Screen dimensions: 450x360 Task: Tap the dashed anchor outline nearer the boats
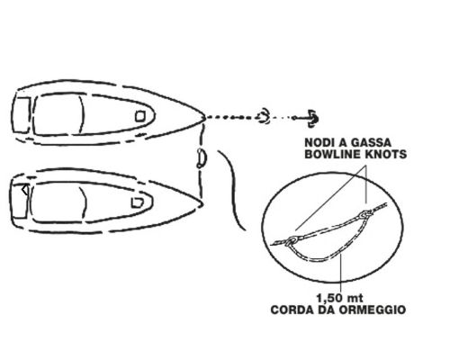pyautogui.click(x=264, y=117)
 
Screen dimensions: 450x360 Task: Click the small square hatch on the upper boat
pyautogui.click(x=140, y=116)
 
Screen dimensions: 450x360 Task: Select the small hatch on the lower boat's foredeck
pyautogui.click(x=138, y=202)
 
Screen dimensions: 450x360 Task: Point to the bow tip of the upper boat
pyautogui.click(x=205, y=117)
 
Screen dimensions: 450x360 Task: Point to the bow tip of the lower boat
pyautogui.click(x=202, y=204)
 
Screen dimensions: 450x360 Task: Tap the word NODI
pyautogui.click(x=319, y=142)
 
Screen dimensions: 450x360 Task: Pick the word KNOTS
pyautogui.click(x=386, y=154)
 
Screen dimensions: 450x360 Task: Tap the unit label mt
pyautogui.click(x=355, y=299)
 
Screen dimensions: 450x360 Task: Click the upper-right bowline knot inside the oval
pyautogui.click(x=364, y=214)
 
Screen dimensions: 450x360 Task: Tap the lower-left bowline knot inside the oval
pyautogui.click(x=292, y=240)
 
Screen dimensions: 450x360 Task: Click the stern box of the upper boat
pyautogui.click(x=22, y=114)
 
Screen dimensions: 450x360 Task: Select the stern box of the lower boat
pyautogui.click(x=19, y=201)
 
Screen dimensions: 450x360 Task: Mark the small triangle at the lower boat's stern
pyautogui.click(x=25, y=190)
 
